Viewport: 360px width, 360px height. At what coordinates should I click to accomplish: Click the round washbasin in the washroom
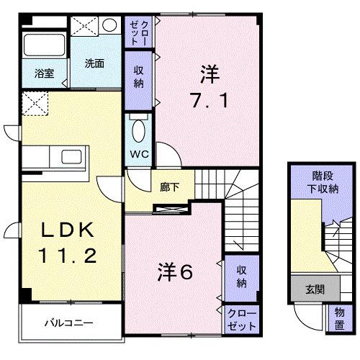click(x=109, y=25)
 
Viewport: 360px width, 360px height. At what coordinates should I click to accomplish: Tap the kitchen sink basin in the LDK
click(x=73, y=157)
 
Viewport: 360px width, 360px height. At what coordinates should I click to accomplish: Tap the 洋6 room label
click(x=176, y=271)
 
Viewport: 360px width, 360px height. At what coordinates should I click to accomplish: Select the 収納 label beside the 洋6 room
click(x=240, y=276)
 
